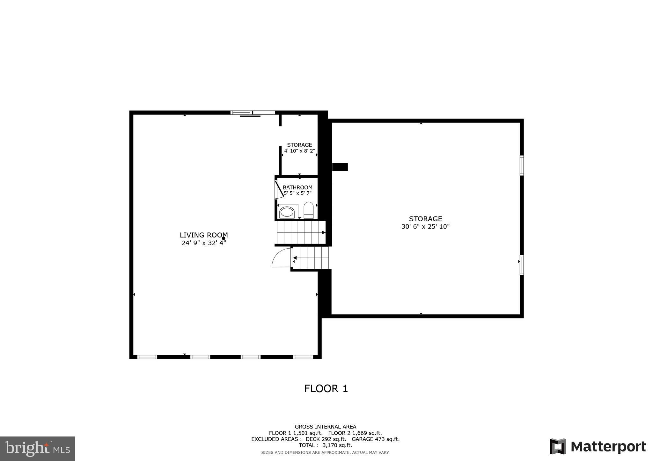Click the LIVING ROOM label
203,235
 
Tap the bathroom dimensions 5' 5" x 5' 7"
297,193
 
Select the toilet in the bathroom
308,210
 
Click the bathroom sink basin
287,212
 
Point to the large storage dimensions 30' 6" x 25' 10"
425,227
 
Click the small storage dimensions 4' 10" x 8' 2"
299,151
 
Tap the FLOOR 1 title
326,389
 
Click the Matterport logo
598,447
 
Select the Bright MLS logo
38,449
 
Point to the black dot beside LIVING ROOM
224,238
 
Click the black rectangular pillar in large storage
340,167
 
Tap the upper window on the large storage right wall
522,165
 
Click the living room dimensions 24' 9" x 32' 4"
204,243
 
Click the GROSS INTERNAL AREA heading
325,427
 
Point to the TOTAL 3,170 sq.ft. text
325,445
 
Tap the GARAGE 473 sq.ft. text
375,439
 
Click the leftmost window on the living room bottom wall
147,357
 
